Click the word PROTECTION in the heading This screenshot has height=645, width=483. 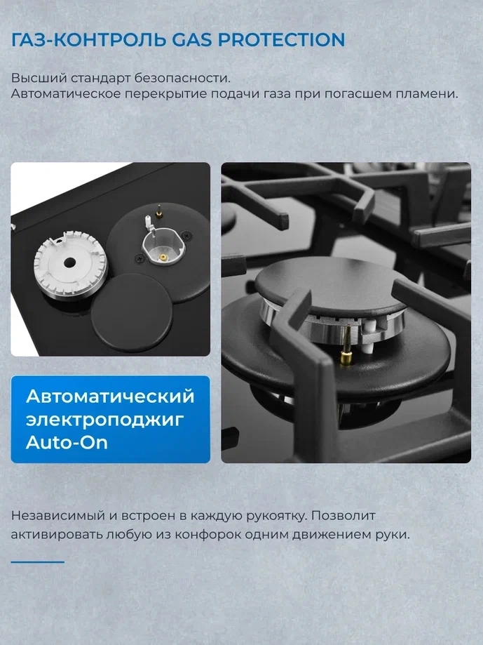(281, 39)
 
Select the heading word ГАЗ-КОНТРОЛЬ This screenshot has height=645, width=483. (89, 40)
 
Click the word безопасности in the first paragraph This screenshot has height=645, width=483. (182, 78)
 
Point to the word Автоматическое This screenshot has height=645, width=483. (66, 93)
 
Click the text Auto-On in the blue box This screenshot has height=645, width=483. (67, 443)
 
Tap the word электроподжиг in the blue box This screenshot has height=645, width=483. (104, 420)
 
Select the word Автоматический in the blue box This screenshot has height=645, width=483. (110, 396)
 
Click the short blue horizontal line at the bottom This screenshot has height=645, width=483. (38, 562)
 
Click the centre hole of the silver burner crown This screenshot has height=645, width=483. (69, 262)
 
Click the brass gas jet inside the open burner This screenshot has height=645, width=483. (163, 258)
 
